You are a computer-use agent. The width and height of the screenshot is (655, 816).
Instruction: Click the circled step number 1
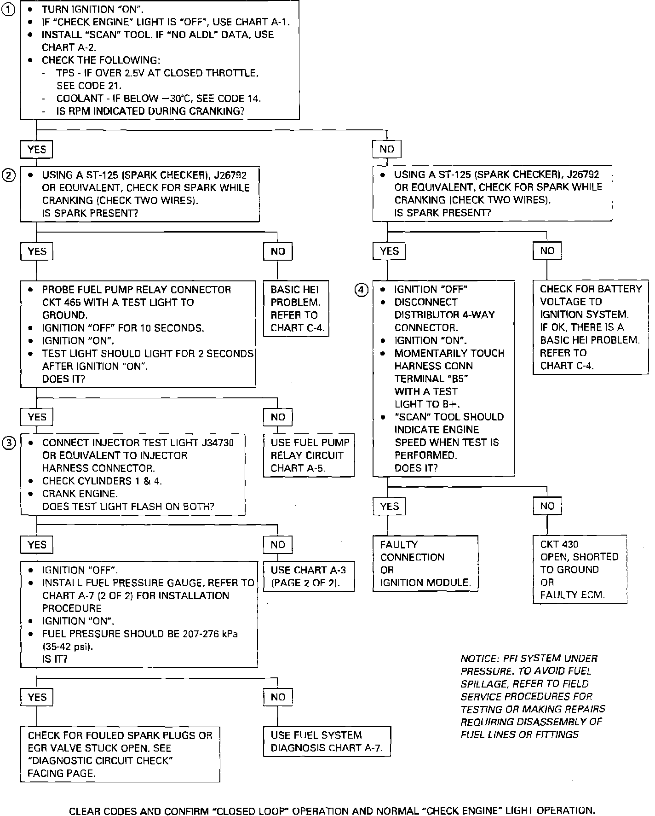[x=9, y=10]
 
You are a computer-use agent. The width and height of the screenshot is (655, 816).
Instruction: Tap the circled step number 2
[x=9, y=175]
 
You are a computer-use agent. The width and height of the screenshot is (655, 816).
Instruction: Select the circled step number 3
[x=9, y=443]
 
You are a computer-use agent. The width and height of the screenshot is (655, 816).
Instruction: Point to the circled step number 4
[x=361, y=290]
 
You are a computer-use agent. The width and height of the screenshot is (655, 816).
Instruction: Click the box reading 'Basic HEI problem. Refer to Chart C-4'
[x=296, y=309]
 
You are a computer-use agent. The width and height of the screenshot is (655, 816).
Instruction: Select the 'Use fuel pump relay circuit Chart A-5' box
[x=309, y=455]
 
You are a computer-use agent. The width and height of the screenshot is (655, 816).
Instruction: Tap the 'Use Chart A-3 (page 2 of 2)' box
[x=309, y=576]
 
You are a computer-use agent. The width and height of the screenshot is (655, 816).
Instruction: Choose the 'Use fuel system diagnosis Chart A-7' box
[x=327, y=741]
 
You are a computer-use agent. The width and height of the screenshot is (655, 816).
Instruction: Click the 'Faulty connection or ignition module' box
[x=425, y=563]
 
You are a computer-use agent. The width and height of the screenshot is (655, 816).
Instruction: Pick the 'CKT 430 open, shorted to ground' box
[x=580, y=569]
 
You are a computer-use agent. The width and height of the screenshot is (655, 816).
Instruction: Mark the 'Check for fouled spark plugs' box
[x=120, y=754]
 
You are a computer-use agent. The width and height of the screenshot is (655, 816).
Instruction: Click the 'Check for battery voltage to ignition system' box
[x=591, y=327]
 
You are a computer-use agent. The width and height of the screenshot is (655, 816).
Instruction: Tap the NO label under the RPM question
[x=387, y=149]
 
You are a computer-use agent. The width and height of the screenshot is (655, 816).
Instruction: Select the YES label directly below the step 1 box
[x=37, y=149]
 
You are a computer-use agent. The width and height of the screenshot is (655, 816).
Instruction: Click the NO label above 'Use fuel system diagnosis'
[x=278, y=697]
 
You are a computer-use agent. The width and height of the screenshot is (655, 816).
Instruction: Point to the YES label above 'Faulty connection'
[x=389, y=506]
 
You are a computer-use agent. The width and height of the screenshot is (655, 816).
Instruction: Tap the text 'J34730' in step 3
[x=218, y=443]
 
